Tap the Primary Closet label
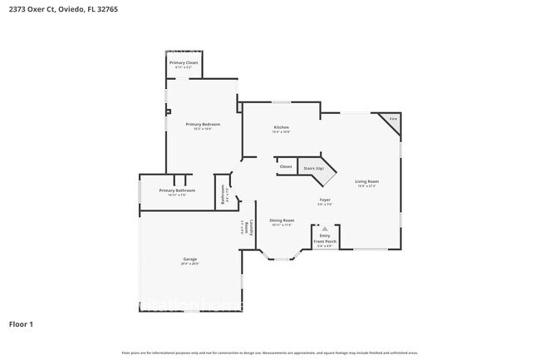(183, 63)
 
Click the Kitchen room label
(281, 127)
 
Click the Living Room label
(366, 181)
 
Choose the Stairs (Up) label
(313, 168)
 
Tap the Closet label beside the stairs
(285, 167)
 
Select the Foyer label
(326, 200)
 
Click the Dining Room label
(282, 220)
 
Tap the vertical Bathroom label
(223, 195)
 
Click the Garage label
(189, 259)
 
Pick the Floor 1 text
(22, 323)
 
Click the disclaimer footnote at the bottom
(269, 353)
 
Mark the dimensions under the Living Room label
(366, 186)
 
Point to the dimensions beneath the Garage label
(189, 264)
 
